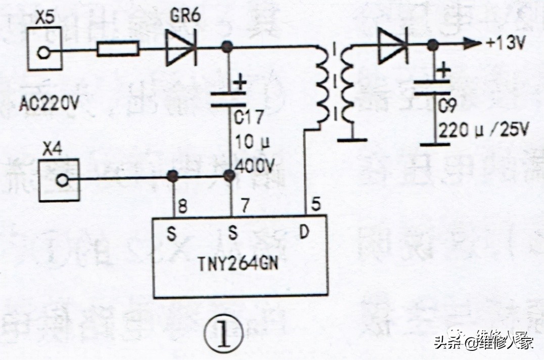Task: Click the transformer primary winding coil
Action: pos(322,86)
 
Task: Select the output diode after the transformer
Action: pos(392,44)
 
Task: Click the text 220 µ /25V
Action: pos(483,131)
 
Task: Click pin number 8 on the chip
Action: pos(183,207)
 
